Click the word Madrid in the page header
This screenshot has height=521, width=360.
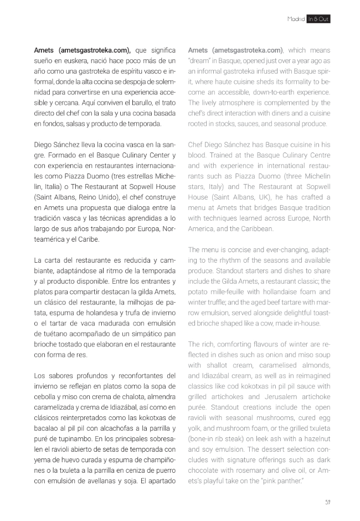[x=296, y=19]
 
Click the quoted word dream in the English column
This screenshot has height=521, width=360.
[x=200, y=60]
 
